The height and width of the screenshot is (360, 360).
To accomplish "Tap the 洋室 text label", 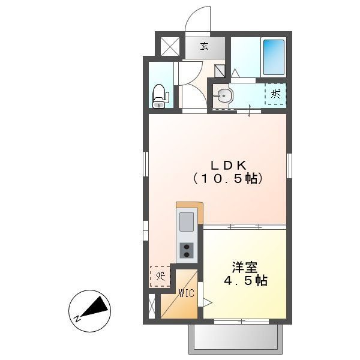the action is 244,267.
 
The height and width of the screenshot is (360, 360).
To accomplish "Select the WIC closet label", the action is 187,293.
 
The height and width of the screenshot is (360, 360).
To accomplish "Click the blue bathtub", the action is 274,58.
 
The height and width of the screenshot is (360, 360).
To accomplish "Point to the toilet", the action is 160,96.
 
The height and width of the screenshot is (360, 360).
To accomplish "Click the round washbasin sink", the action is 223,95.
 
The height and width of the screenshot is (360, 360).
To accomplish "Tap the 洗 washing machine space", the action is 275,94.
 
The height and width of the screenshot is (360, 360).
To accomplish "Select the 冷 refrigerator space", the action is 160,277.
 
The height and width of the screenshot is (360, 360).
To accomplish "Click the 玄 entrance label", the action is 205,47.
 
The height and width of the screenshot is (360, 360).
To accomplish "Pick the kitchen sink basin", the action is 187,222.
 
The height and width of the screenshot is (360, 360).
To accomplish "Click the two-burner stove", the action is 187,250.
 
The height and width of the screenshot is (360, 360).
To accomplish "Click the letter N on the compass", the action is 77,319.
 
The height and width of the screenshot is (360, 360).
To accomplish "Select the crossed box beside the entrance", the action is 170,47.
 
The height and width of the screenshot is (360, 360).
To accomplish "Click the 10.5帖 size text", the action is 228,179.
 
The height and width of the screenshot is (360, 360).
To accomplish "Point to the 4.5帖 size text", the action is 245,281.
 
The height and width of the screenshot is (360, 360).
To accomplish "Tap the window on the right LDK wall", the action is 289,166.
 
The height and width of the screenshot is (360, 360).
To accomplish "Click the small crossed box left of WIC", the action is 152,306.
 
